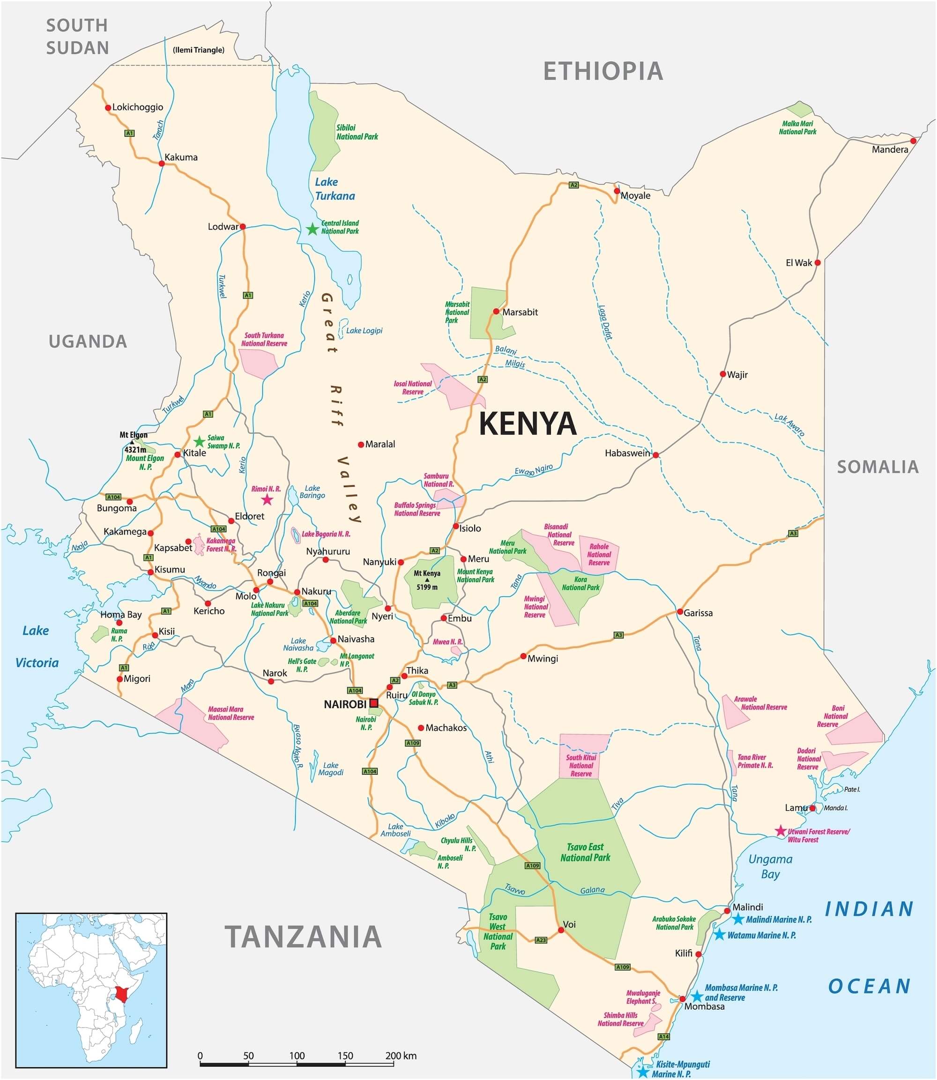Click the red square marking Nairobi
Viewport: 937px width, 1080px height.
point(374,703)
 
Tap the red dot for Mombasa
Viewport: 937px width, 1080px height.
point(682,999)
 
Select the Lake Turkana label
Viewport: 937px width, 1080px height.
point(335,189)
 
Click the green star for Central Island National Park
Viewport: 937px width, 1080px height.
point(312,229)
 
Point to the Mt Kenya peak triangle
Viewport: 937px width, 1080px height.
point(427,580)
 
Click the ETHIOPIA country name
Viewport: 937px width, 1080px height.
point(603,71)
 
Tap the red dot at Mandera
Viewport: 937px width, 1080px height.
point(913,141)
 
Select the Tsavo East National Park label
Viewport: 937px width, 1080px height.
point(585,852)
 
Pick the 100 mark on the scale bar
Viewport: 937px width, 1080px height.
point(297,1056)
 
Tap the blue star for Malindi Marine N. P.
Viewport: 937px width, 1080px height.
point(738,919)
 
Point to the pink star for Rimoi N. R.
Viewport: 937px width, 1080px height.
point(267,500)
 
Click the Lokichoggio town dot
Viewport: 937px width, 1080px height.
point(108,108)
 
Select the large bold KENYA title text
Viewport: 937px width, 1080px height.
point(528,423)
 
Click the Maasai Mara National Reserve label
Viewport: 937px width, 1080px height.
point(231,714)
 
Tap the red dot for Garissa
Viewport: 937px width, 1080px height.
point(680,612)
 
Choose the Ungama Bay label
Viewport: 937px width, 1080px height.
point(770,866)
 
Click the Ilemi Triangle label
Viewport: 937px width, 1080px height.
point(198,50)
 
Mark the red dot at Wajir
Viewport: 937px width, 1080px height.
point(722,374)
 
